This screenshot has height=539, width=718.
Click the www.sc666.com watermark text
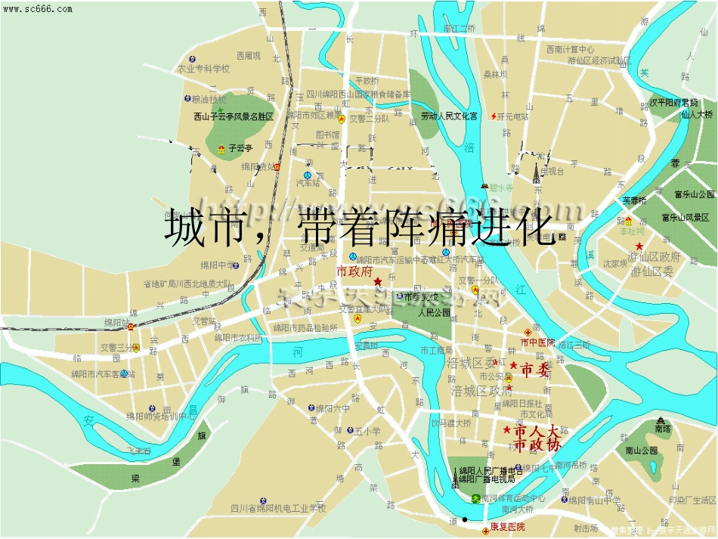coord(37,9)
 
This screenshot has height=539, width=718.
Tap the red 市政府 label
coord(354,271)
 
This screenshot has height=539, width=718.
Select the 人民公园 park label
coord(434,311)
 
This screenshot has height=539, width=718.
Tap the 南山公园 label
coord(641,450)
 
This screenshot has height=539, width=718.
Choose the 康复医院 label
coord(506,526)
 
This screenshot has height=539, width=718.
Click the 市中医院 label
coord(537,342)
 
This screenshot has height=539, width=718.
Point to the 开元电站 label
coord(515,116)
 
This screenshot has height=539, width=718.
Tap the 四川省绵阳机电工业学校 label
coord(278,507)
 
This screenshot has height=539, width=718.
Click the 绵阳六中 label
coord(333,408)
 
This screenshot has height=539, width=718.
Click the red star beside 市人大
coord(506,430)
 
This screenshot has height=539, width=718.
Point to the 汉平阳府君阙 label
coord(675,102)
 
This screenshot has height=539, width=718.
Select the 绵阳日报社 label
coord(521,403)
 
